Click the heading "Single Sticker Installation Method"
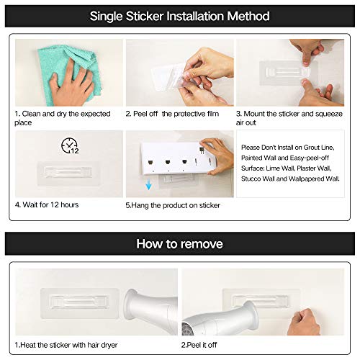tap(180, 16)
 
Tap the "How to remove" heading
tap(180, 243)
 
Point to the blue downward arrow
tap(148, 185)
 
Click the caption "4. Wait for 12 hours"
tap(47, 205)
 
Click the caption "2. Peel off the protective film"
tap(175, 114)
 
